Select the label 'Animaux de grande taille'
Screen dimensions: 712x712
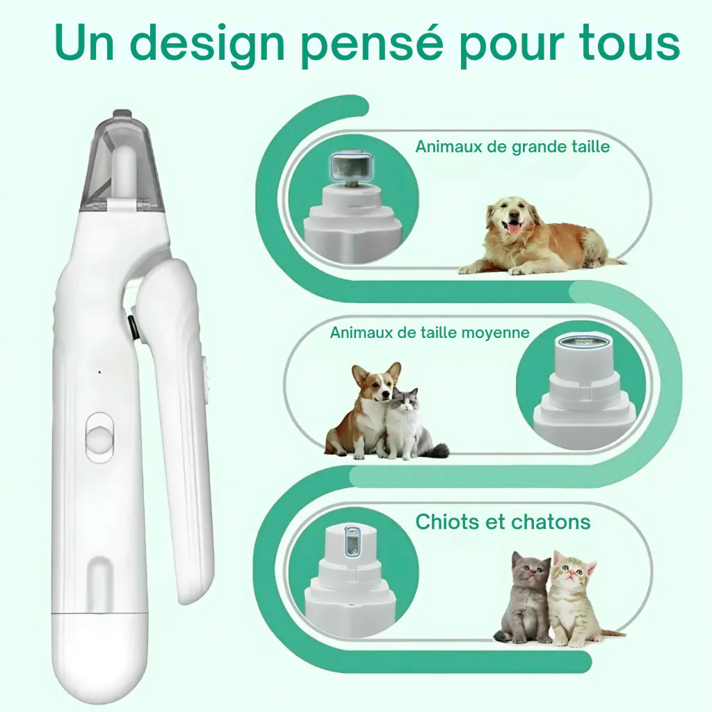pos(512,147)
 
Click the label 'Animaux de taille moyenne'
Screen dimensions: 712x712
pos(429,332)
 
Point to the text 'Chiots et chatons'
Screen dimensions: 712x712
pos(503,521)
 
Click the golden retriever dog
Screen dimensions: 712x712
pos(535,236)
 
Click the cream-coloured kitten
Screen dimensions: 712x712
pos(574,598)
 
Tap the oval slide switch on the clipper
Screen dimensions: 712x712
pos(100,437)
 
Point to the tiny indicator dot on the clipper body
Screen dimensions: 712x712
pos(99,372)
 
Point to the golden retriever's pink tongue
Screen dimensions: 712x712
pos(514,227)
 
